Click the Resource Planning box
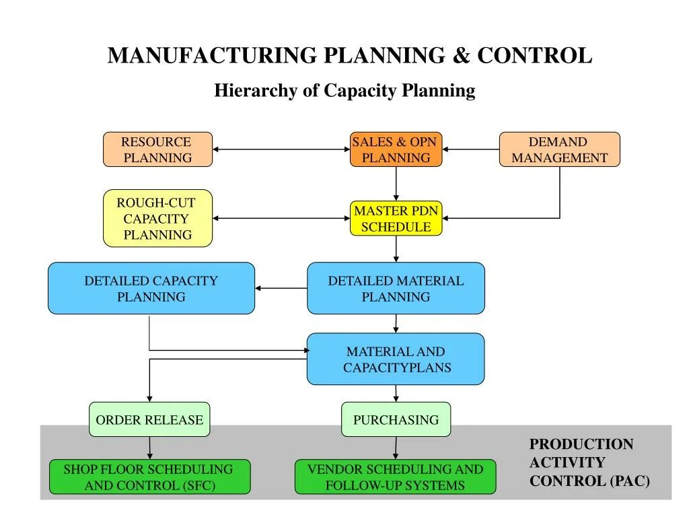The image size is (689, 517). tap(157, 149)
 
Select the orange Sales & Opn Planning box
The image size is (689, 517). tap(396, 149)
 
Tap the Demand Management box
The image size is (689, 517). tap(559, 149)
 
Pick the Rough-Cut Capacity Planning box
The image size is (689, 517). tap(157, 218)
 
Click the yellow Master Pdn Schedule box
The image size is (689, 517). tap(396, 218)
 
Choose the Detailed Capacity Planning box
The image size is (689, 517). tap(151, 288)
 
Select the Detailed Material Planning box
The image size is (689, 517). tap(396, 288)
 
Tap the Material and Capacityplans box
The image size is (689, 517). tap(396, 359)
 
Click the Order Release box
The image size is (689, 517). tap(149, 419)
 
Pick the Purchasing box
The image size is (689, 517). tap(396, 419)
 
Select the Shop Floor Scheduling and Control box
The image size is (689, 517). tap(149, 477)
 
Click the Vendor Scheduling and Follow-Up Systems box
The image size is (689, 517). tap(396, 477)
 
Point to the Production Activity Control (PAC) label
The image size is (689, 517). tap(589, 462)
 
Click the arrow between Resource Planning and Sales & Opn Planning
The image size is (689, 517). tap(281, 149)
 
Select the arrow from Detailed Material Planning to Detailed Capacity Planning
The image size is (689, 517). tap(281, 288)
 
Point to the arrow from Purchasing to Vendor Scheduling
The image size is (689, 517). tap(396, 448)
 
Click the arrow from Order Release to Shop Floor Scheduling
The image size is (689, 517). tap(149, 448)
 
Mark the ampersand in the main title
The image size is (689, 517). tap(462, 55)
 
